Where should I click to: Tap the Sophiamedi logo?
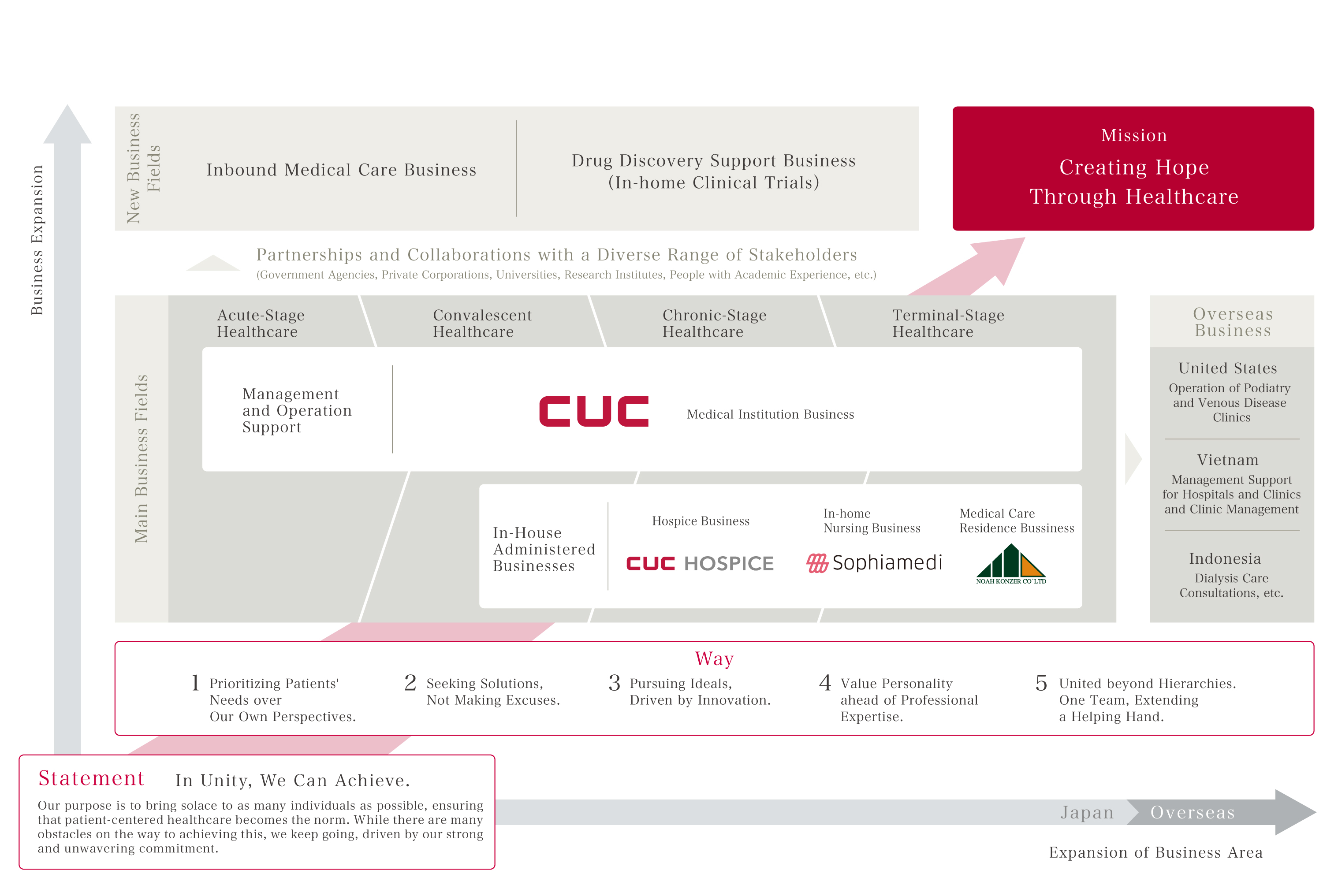pos(874,563)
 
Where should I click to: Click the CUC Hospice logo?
pos(700,563)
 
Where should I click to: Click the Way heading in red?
pos(714,658)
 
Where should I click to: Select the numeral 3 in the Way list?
pos(614,684)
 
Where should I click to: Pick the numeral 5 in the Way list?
pos(1041,684)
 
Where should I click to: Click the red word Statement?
pos(91,778)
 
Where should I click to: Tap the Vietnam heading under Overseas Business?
pos(1228,460)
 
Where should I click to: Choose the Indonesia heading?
pos(1225,559)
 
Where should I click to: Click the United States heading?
pos(1227,368)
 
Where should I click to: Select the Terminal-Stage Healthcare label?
pos(948,324)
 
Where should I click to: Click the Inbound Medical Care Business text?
pos(341,170)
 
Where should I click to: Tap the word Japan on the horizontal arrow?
pos(1087,812)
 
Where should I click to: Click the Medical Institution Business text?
pos(770,414)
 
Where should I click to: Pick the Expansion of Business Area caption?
pos(1155,852)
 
